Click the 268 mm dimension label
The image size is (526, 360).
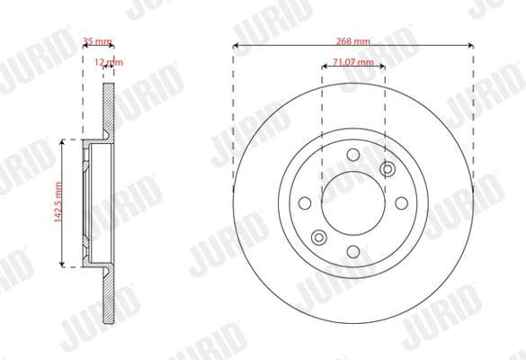[352, 41]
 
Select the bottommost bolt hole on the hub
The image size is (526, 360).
[352, 250]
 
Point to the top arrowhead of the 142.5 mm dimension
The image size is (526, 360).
[62, 141]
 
